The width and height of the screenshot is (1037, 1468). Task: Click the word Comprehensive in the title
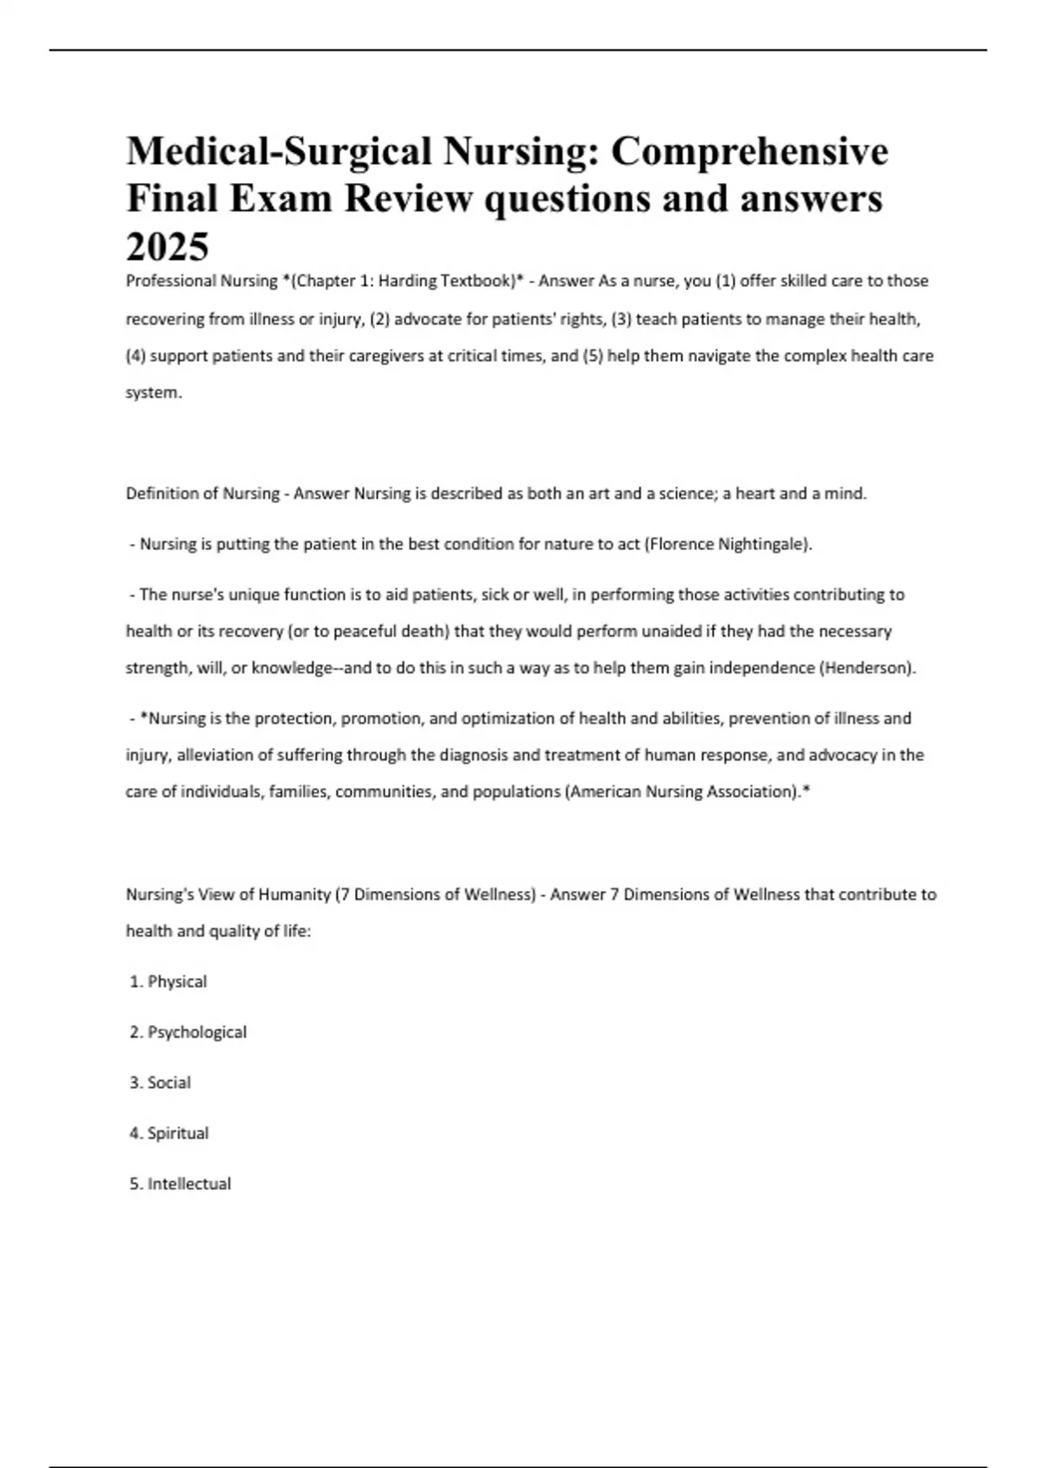pos(749,151)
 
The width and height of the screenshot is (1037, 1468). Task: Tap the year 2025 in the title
pos(168,247)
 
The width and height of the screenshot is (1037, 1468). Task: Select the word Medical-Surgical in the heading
pos(279,151)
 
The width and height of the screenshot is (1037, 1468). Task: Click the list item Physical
pos(177,982)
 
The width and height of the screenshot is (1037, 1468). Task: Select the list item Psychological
pos(197,1032)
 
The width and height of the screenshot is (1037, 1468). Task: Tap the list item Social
pos(169,1083)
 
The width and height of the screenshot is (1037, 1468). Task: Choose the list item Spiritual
pos(178,1133)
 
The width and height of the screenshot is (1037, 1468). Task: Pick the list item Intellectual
pos(189,1184)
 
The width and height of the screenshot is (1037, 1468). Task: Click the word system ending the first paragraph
pos(153,393)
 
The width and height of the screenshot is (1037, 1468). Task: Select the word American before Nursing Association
pos(605,792)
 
